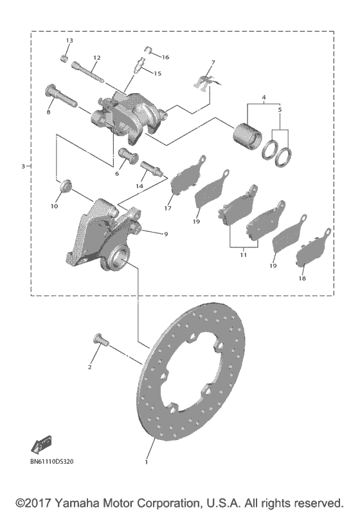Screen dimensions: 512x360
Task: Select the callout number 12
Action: pyautogui.click(x=96, y=58)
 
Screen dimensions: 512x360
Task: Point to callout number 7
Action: pyautogui.click(x=213, y=62)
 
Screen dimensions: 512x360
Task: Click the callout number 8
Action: pyautogui.click(x=48, y=112)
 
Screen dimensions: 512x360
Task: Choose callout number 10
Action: pyautogui.click(x=53, y=207)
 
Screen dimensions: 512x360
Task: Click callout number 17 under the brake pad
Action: pyautogui.click(x=168, y=207)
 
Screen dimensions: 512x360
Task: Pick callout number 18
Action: pyautogui.click(x=302, y=279)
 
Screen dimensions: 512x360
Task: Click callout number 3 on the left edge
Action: pyautogui.click(x=22, y=166)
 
